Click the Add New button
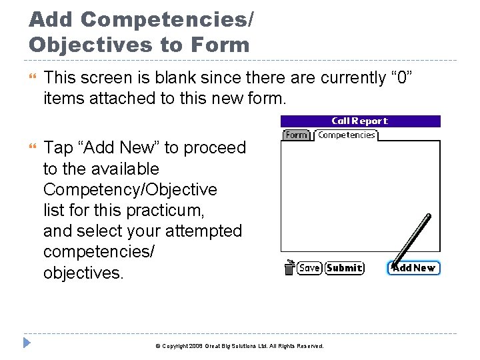coord(413,268)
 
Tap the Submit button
coord(345,268)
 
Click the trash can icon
coord(289,267)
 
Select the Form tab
coord(297,135)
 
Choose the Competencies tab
coord(346,135)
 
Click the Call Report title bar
coord(360,121)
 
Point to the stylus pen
coord(413,237)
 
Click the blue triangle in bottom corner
coord(26,345)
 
